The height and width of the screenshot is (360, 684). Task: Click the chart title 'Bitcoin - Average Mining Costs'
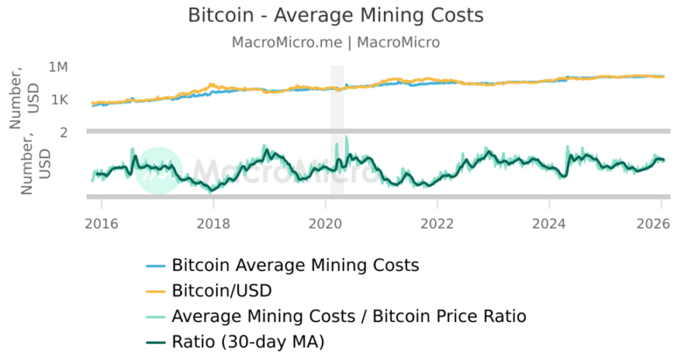click(335, 15)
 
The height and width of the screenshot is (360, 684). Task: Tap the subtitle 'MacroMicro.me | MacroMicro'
click(335, 42)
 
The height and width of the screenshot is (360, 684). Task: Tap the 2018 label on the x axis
click(213, 222)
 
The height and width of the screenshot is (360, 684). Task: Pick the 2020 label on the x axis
click(325, 222)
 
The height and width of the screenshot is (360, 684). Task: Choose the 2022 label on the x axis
click(438, 222)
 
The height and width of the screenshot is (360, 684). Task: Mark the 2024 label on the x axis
click(550, 222)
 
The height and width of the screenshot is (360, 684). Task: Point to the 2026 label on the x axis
click(661, 222)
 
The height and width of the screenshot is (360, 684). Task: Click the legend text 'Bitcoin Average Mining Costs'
click(295, 265)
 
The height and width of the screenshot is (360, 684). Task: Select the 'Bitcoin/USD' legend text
click(222, 291)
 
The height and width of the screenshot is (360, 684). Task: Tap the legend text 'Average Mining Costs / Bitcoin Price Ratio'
click(349, 316)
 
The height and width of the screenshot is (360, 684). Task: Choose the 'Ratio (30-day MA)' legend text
click(248, 342)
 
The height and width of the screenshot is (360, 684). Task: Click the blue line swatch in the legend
click(156, 266)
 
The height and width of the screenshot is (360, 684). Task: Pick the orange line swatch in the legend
click(156, 291)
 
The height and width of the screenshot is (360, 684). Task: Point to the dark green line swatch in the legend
click(156, 343)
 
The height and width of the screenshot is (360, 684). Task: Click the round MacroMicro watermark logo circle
click(159, 170)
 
